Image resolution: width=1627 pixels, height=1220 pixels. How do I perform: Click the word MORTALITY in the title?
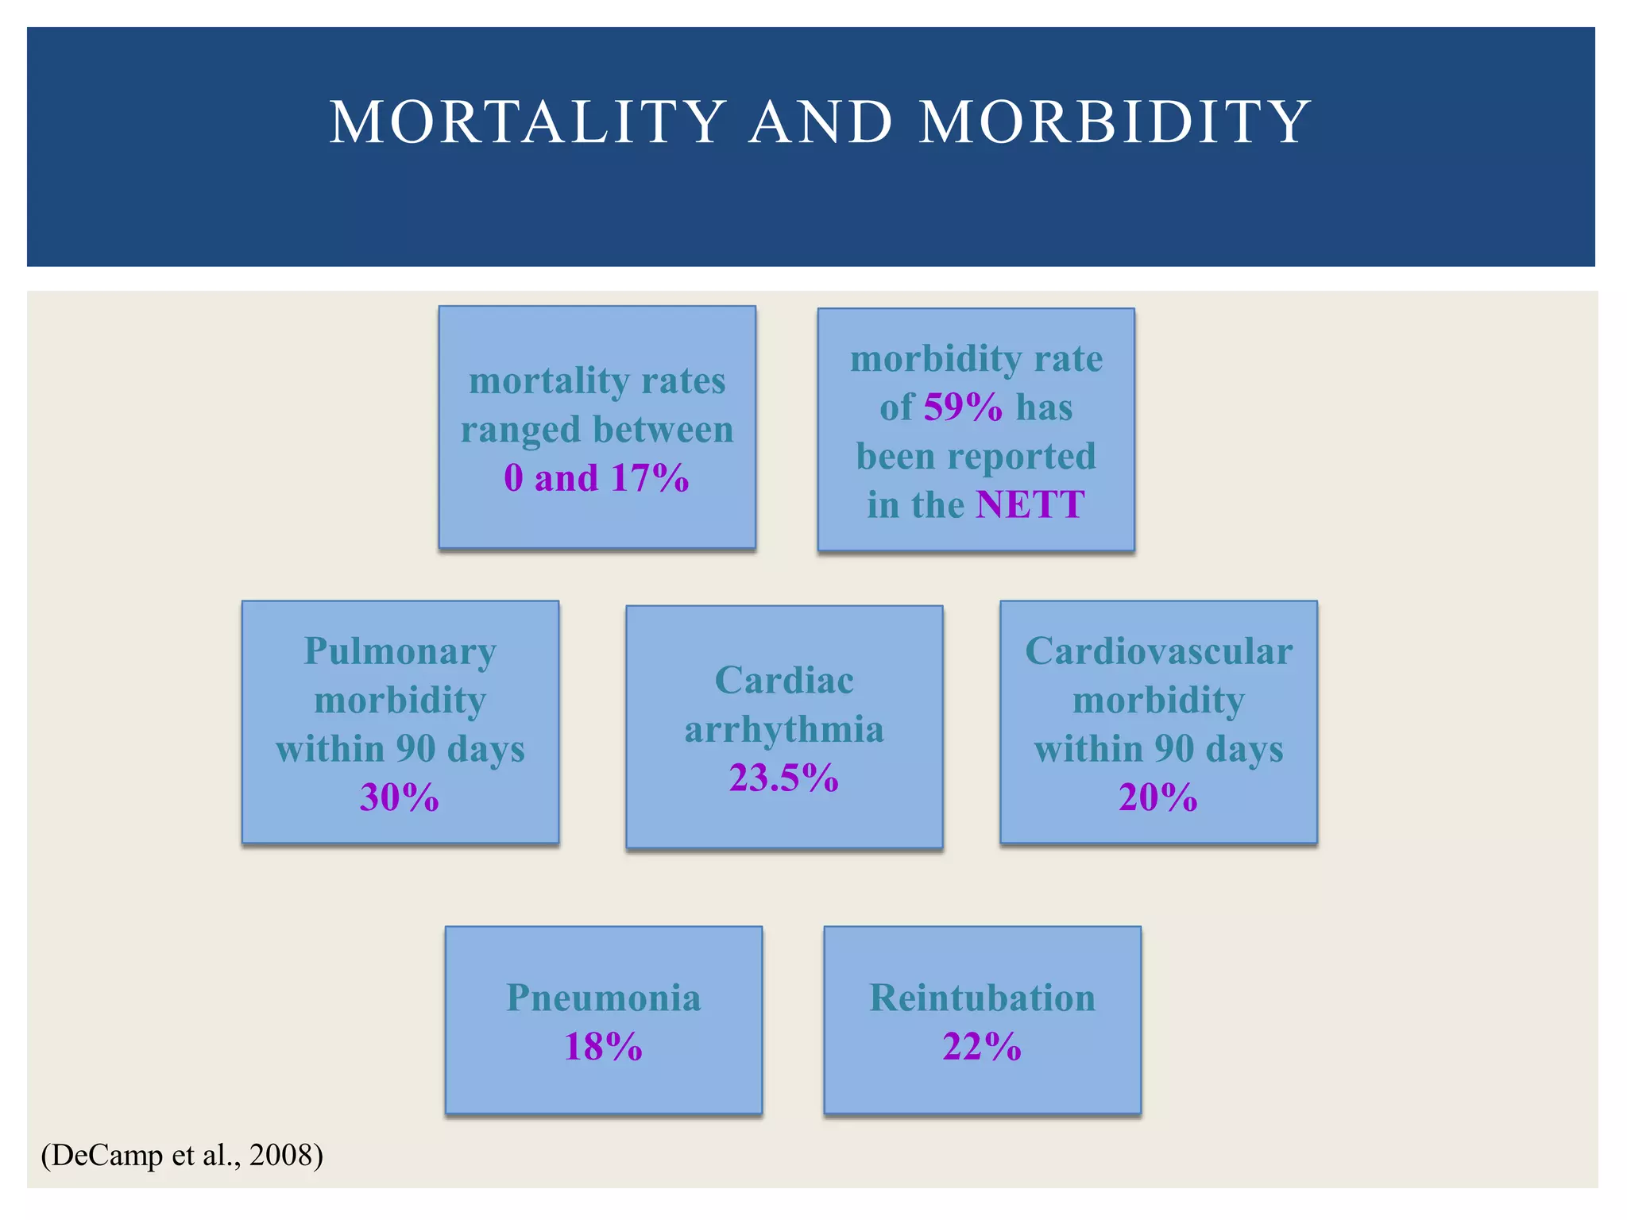528,122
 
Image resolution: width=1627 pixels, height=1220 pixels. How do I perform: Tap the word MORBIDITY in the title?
1114,122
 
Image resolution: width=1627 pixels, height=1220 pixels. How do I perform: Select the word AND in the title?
821,122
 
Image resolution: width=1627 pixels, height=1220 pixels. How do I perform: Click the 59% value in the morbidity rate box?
963,407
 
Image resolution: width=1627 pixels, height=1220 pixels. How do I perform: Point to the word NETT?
1030,505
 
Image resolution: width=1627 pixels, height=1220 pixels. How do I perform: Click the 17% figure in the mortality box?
651,478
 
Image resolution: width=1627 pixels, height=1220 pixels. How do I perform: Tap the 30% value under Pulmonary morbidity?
400,797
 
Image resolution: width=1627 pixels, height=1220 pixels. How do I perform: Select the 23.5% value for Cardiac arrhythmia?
784,778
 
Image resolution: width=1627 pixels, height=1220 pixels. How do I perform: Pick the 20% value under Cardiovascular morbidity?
1158,797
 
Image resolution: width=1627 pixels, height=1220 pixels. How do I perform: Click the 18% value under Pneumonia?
603,1047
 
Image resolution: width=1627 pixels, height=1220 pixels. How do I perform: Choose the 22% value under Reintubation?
982,1047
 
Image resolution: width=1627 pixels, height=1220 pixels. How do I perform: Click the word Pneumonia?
603,998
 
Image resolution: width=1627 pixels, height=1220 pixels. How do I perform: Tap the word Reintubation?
982,998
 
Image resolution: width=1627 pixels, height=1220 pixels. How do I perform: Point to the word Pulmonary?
400,652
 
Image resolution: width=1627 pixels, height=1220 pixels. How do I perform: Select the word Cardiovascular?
1158,652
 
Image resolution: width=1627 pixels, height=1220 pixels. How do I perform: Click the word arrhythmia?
784,730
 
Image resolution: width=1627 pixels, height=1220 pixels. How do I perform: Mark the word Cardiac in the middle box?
784,681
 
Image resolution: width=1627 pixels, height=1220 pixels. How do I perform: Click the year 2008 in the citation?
280,1155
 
